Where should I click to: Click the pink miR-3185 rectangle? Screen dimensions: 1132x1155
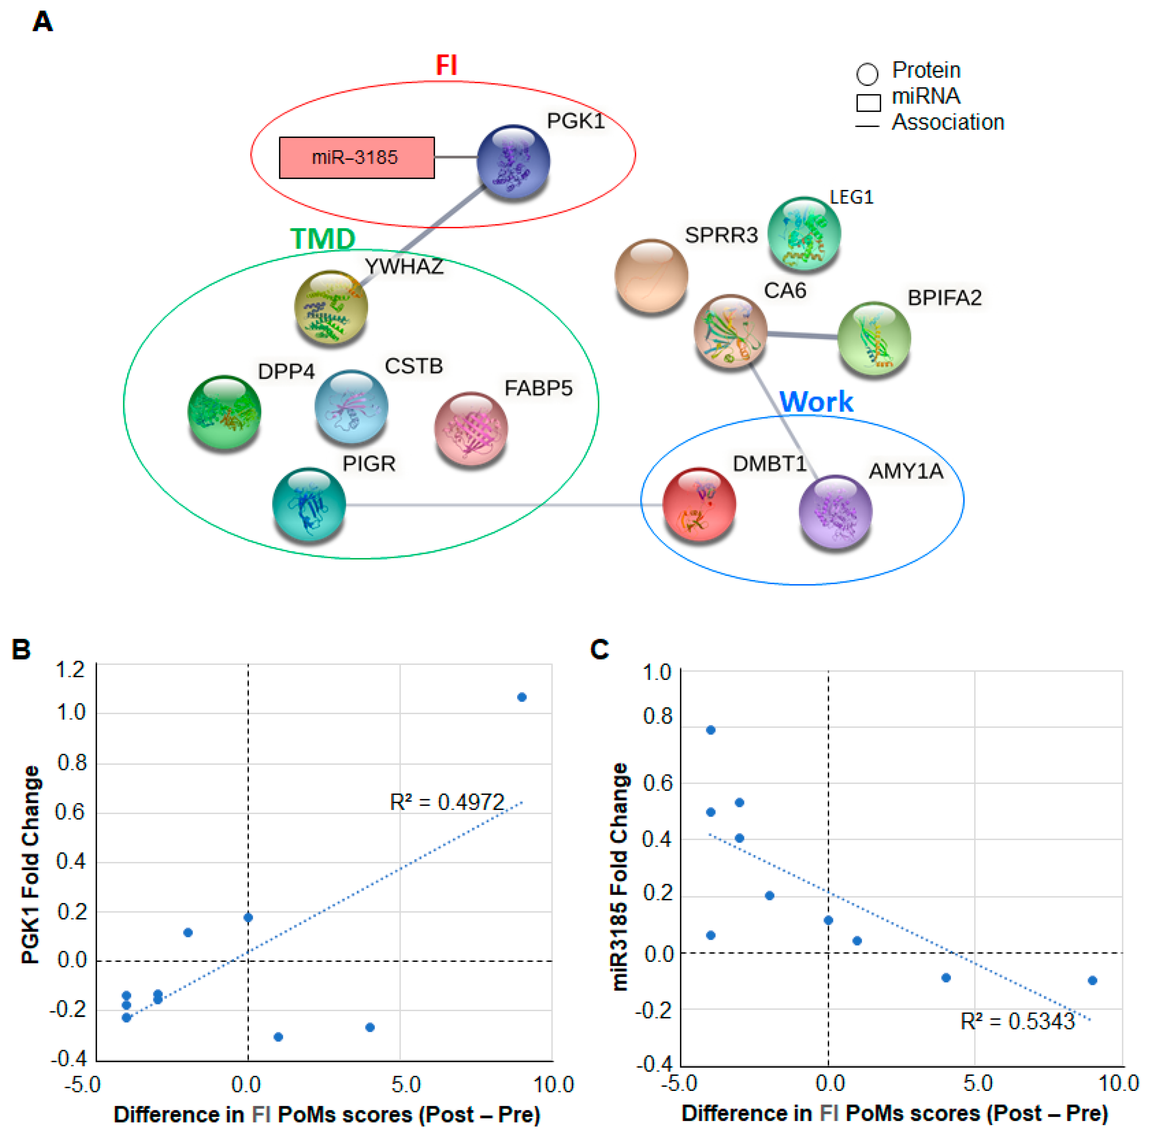(x=357, y=157)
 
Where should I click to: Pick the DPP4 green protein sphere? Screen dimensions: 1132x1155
(x=224, y=411)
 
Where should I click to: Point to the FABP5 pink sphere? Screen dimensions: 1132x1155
(x=471, y=428)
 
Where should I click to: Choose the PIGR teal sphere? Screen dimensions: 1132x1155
(x=308, y=504)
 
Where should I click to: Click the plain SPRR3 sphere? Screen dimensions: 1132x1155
(x=651, y=275)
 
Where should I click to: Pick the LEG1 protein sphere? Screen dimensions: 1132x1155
(x=804, y=233)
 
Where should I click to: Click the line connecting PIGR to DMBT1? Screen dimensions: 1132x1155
(x=505, y=505)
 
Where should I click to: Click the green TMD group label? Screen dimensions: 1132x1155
(x=323, y=239)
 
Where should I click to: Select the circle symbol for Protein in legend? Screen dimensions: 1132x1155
(x=867, y=74)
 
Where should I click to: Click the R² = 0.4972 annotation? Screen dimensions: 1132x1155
(x=447, y=803)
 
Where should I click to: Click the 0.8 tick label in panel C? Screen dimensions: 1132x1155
(x=657, y=717)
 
